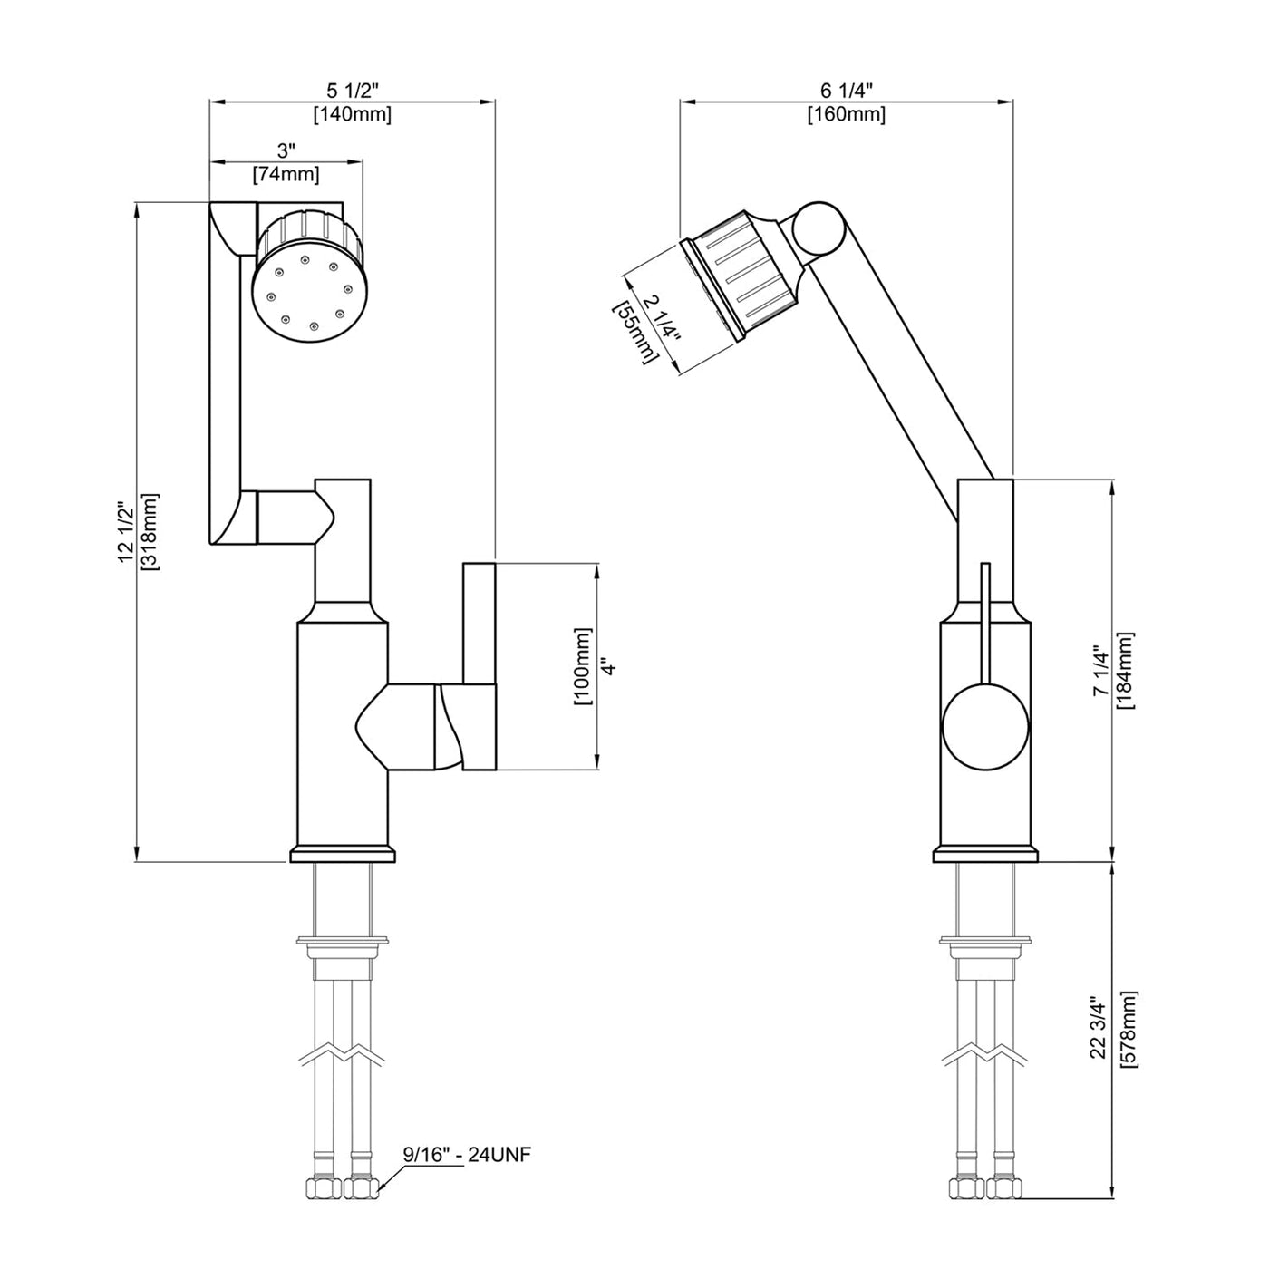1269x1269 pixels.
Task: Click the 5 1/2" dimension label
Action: (352, 91)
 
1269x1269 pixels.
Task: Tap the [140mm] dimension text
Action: (352, 114)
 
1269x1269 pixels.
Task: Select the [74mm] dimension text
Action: (286, 175)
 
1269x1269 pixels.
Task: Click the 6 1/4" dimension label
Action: (846, 91)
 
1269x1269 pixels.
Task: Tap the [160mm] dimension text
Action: (846, 114)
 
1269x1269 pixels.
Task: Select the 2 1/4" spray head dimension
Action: (661, 320)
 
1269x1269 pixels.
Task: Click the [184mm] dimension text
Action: (1125, 671)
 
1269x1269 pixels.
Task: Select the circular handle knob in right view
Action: (986, 728)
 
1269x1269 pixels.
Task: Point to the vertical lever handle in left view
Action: (479, 666)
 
